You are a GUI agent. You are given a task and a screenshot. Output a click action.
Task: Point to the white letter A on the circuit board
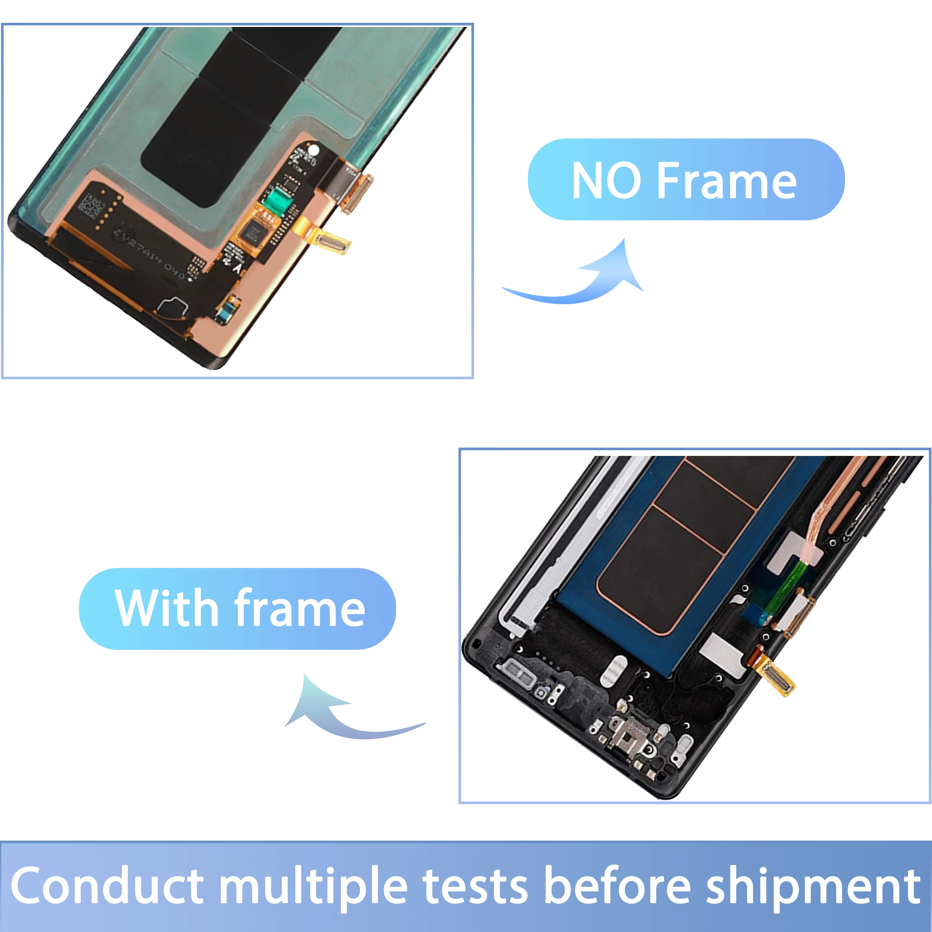236,267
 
